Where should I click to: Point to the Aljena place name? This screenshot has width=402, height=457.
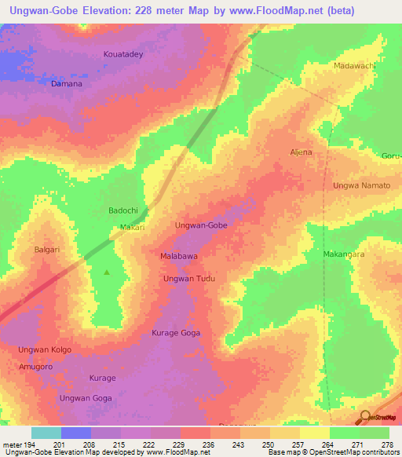click(301, 152)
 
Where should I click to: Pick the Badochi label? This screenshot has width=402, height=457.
click(122, 211)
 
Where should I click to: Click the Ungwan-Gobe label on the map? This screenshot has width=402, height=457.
click(201, 225)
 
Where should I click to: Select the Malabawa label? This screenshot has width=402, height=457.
click(178, 257)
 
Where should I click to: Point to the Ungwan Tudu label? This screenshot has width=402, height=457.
click(188, 279)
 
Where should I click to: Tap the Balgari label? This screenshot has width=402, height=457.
click(47, 250)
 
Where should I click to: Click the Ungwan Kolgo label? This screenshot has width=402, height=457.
click(45, 349)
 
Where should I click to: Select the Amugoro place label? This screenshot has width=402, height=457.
click(36, 367)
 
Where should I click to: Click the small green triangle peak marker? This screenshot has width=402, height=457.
click(108, 272)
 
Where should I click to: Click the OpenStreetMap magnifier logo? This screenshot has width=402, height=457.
click(364, 417)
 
